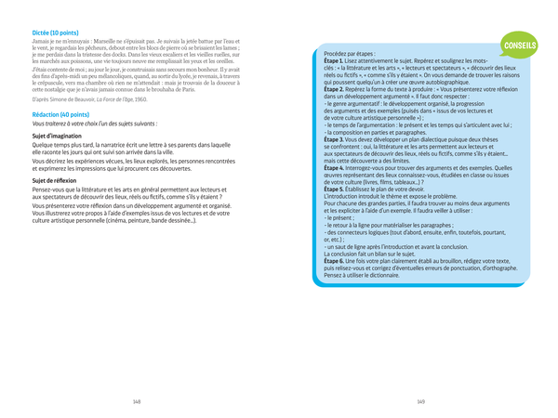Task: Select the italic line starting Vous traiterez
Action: [94, 123]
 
